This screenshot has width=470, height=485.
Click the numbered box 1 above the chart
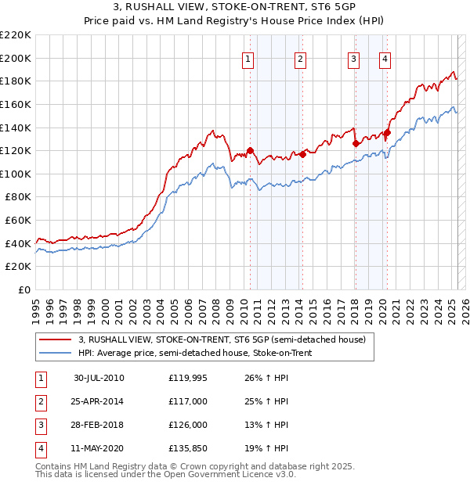coord(248,58)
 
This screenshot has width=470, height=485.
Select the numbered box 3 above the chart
coord(353,58)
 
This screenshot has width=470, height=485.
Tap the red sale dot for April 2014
coord(302,154)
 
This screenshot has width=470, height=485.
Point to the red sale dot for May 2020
coord(386,132)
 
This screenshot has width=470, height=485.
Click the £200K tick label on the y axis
coord(16,58)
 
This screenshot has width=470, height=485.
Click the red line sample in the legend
coord(56,339)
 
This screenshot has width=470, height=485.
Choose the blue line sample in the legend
coord(56,353)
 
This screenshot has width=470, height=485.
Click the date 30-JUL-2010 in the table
coord(99,378)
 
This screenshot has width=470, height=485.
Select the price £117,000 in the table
coord(188,401)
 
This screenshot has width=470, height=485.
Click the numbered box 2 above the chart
coord(300,58)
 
